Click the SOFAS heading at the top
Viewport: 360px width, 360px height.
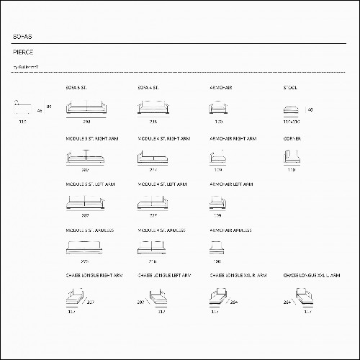(22, 35)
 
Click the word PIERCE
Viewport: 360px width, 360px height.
(23, 53)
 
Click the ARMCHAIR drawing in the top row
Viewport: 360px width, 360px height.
(219, 109)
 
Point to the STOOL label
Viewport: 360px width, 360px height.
(290, 87)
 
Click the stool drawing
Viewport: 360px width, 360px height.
(291, 110)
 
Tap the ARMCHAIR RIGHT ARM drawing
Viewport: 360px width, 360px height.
(218, 158)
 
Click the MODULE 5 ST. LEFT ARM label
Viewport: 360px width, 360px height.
(90, 184)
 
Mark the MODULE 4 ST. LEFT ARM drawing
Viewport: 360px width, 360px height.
(153, 204)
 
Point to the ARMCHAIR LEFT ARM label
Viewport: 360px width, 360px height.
(231, 184)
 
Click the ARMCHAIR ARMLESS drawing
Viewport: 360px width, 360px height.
(218, 248)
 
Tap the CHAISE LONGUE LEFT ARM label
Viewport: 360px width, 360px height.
(165, 275)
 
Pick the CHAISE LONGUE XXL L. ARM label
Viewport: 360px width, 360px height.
(311, 275)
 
